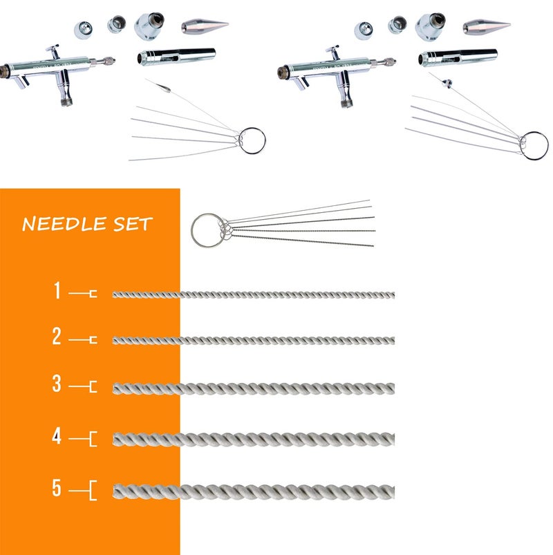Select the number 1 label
58,291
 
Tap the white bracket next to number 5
91,491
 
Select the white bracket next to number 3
92,386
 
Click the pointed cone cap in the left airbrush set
205,26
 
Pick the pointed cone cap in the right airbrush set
486,26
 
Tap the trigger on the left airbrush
53,50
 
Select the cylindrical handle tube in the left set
176,55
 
